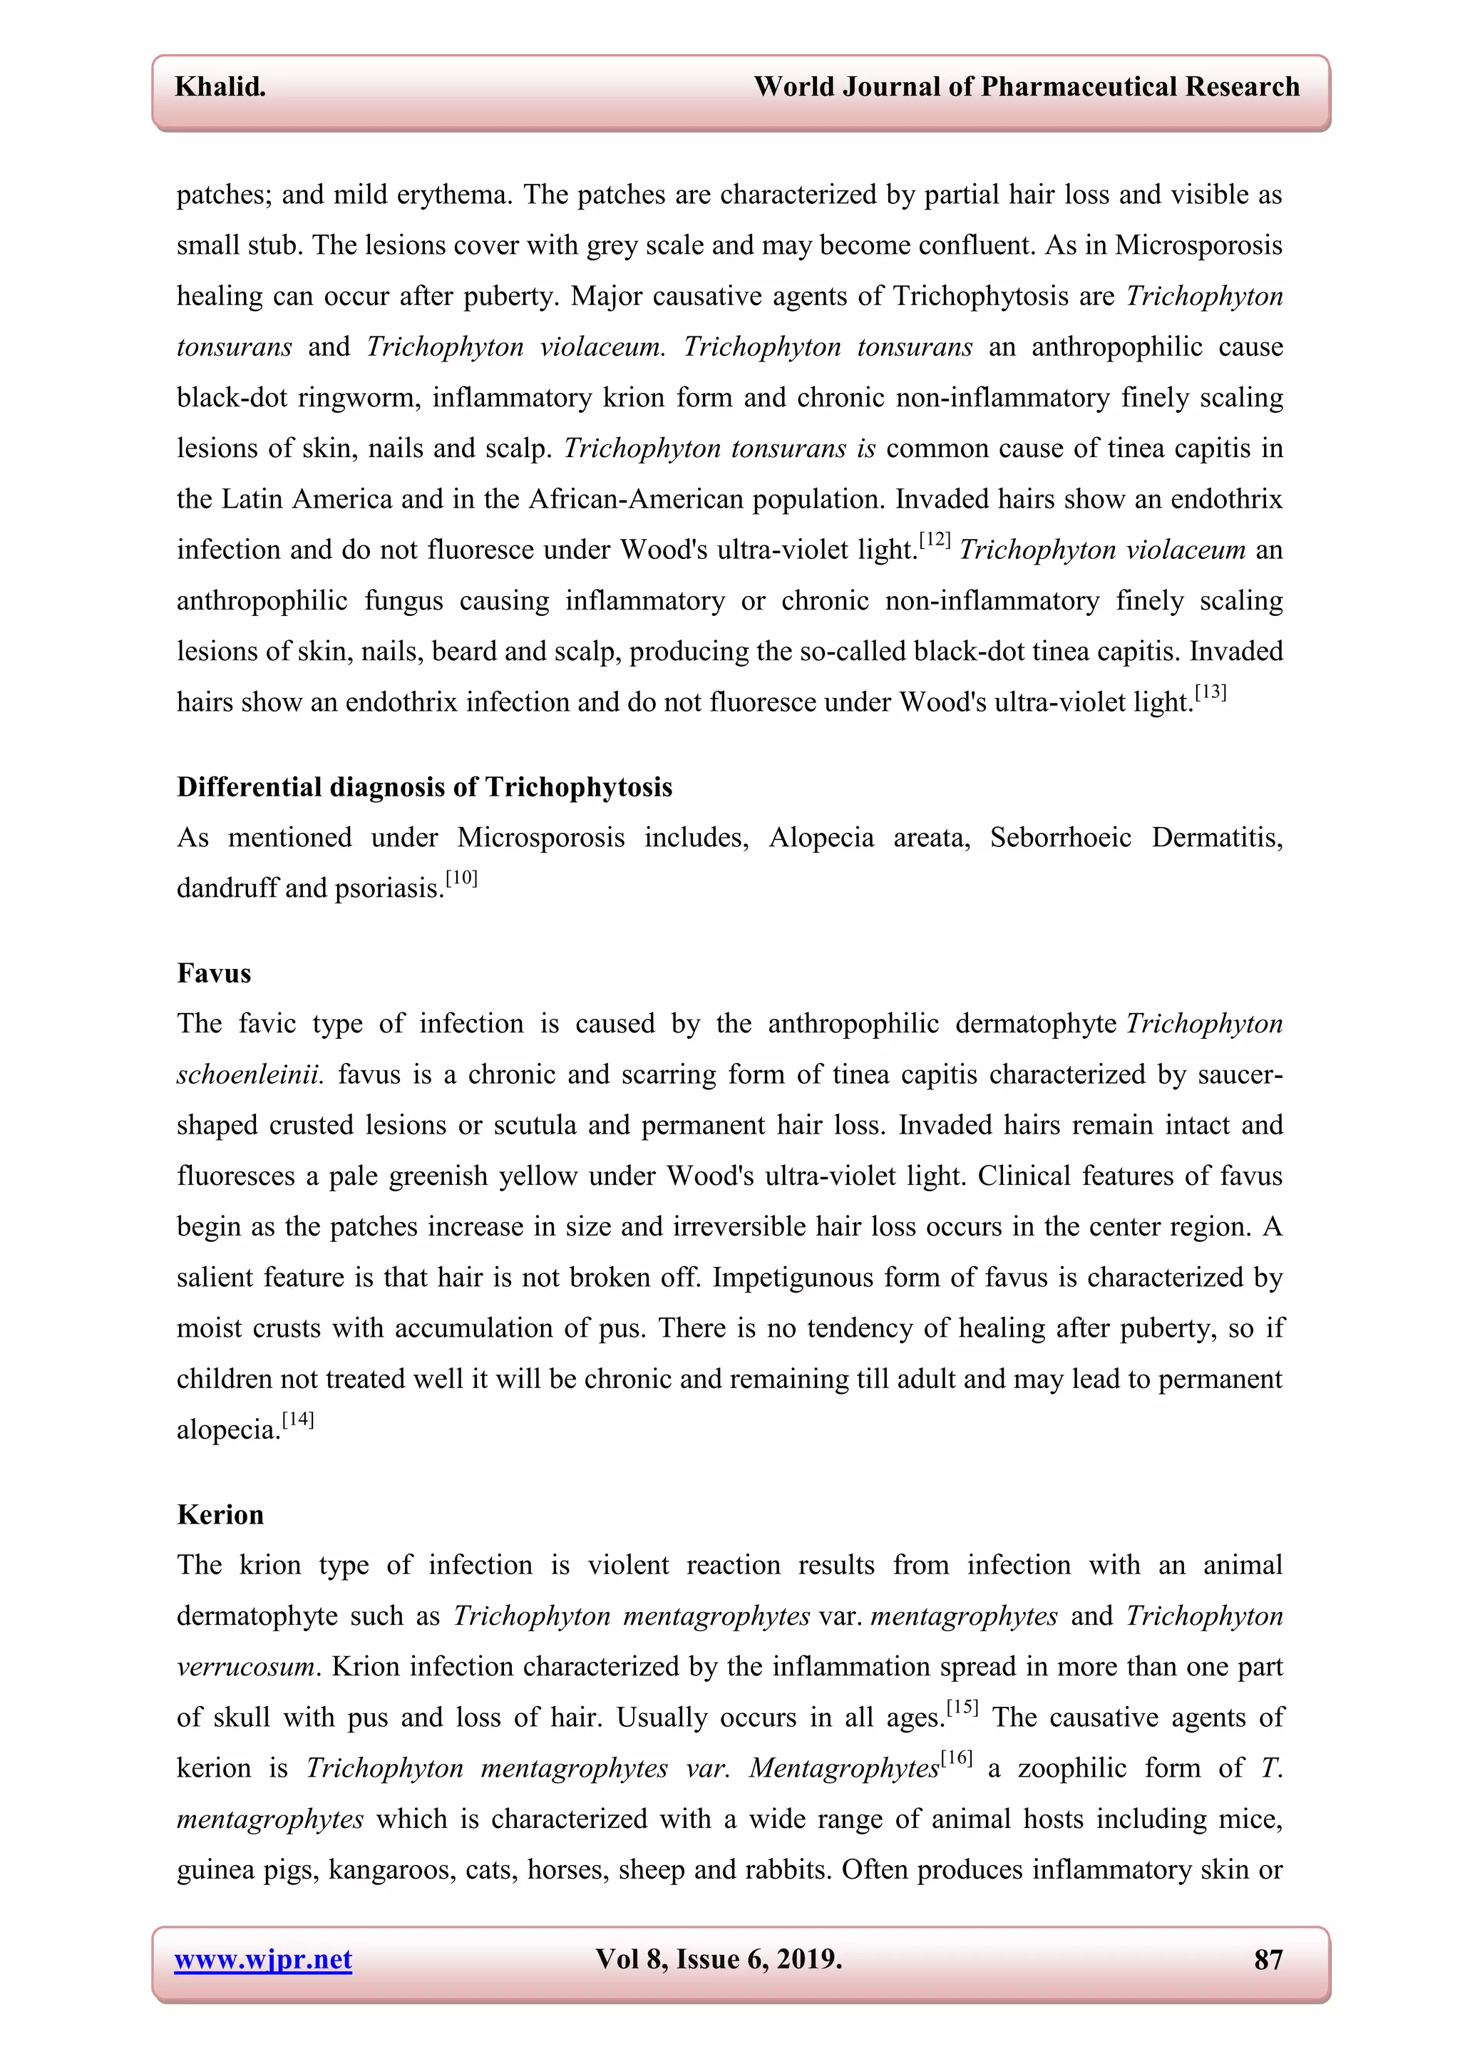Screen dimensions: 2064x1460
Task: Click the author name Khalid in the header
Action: (220, 87)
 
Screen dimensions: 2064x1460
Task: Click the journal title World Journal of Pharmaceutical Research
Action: (1026, 87)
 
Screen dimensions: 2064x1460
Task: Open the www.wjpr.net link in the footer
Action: (262, 1958)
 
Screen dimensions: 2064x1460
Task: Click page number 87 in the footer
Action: (1268, 1958)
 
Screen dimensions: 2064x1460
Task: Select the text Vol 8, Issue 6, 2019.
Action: (719, 1958)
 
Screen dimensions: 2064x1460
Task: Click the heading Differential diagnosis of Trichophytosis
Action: (424, 788)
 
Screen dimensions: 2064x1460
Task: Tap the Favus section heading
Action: (214, 974)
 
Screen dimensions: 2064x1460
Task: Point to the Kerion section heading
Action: (220, 1515)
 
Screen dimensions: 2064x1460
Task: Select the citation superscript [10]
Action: (461, 878)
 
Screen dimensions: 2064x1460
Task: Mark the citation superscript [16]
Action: (957, 1758)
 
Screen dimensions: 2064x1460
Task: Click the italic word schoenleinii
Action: (249, 1075)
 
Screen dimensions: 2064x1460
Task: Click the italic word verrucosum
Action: (245, 1668)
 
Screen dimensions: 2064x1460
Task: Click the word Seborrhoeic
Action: (1060, 838)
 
